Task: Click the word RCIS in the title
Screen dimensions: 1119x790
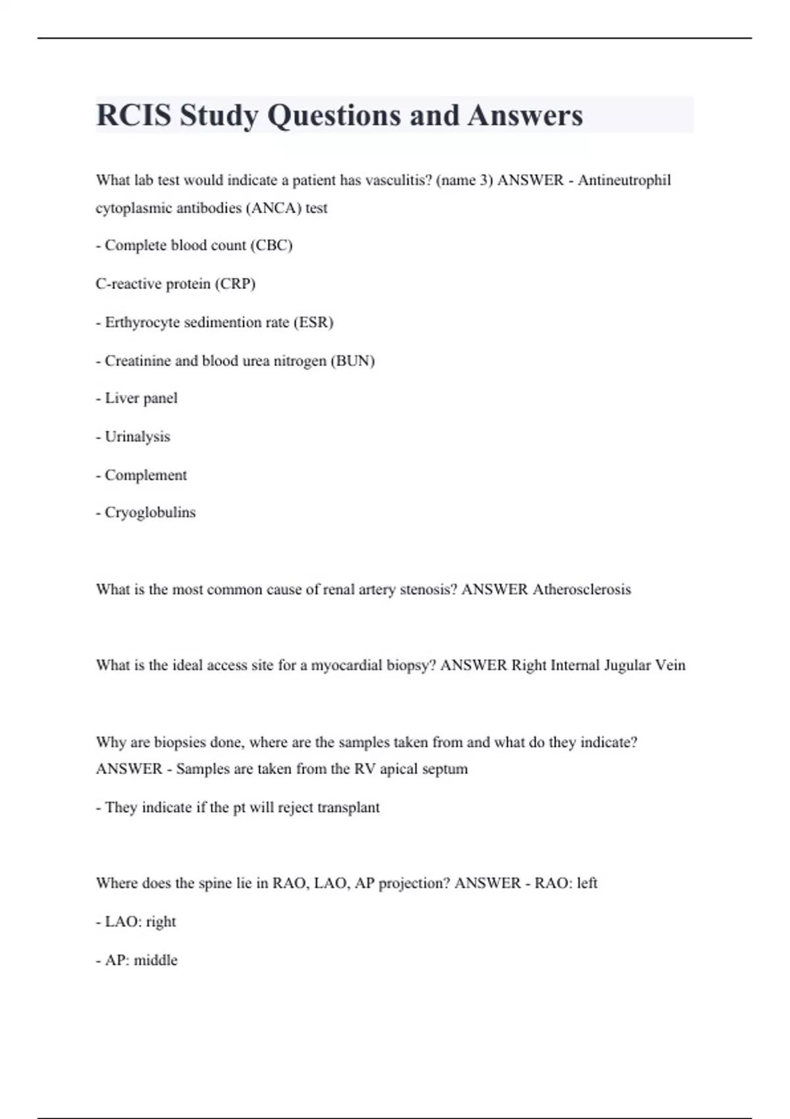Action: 134,115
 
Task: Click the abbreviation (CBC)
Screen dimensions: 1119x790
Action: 271,246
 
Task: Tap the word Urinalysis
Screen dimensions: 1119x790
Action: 137,436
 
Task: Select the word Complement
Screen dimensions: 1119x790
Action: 145,475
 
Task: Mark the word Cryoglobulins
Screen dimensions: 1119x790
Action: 150,512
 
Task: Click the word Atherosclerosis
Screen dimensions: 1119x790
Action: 581,589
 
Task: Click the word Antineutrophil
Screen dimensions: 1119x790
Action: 624,180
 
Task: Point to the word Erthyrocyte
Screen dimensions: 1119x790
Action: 142,323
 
